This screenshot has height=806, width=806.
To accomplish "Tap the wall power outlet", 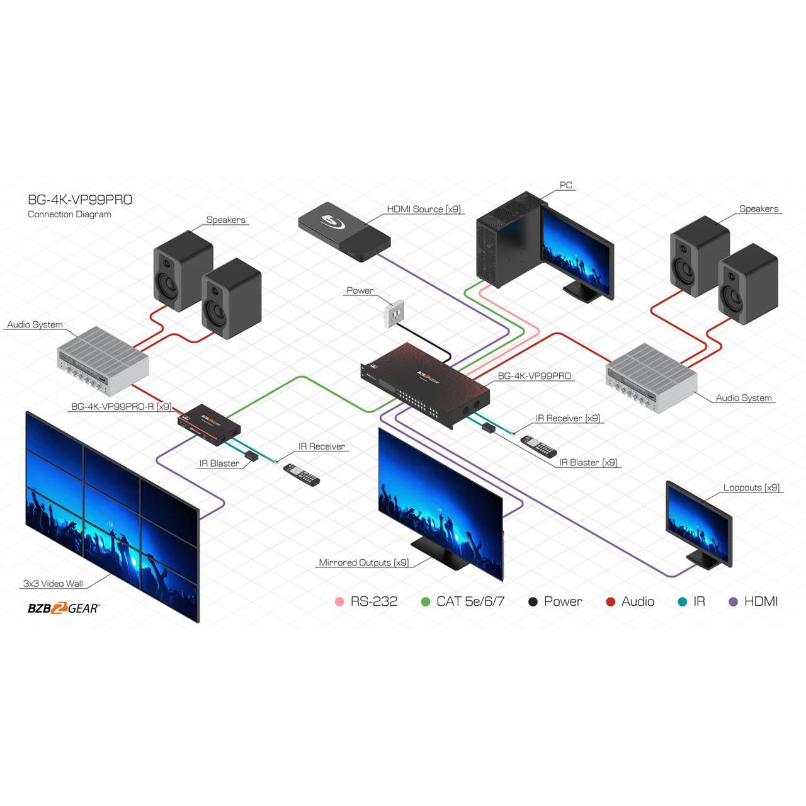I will (x=394, y=313).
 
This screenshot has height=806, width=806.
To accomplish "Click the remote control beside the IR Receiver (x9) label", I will (x=538, y=446).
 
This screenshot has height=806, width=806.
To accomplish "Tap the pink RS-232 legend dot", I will (x=340, y=602).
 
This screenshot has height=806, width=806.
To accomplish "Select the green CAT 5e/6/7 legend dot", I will (x=426, y=602).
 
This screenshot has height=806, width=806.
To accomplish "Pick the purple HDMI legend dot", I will (x=733, y=602).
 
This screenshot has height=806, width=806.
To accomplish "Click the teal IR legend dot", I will (x=682, y=602).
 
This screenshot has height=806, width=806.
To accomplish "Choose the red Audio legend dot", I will (x=610, y=602).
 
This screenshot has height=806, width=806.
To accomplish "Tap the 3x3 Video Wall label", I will (x=53, y=584).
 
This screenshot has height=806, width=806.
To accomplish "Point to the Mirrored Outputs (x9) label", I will (x=363, y=563).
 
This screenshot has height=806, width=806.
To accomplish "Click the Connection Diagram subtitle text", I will (x=69, y=215).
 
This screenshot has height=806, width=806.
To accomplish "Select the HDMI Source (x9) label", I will (x=424, y=210).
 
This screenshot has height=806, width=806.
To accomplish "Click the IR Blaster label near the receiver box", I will (x=219, y=463).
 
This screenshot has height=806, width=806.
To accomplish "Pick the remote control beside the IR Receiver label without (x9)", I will (x=302, y=474).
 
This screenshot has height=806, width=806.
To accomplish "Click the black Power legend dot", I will (x=533, y=602).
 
